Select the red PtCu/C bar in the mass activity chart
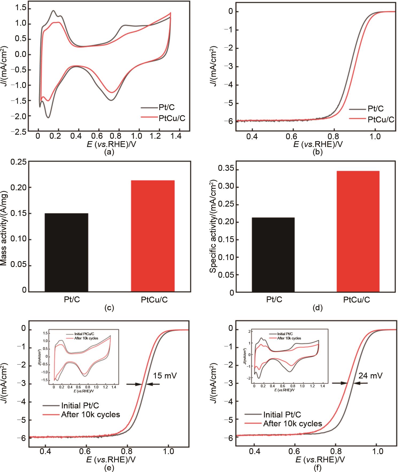[153, 236]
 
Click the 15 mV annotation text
[165, 376]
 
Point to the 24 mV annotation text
[370, 376]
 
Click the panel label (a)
[109, 152]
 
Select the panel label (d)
[318, 308]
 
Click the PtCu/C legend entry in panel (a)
[172, 118]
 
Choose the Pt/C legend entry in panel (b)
[376, 109]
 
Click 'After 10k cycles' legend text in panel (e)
[90, 415]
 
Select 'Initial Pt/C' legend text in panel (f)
[282, 415]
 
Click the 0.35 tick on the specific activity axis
[226, 169]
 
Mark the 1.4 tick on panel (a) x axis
[176, 136]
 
